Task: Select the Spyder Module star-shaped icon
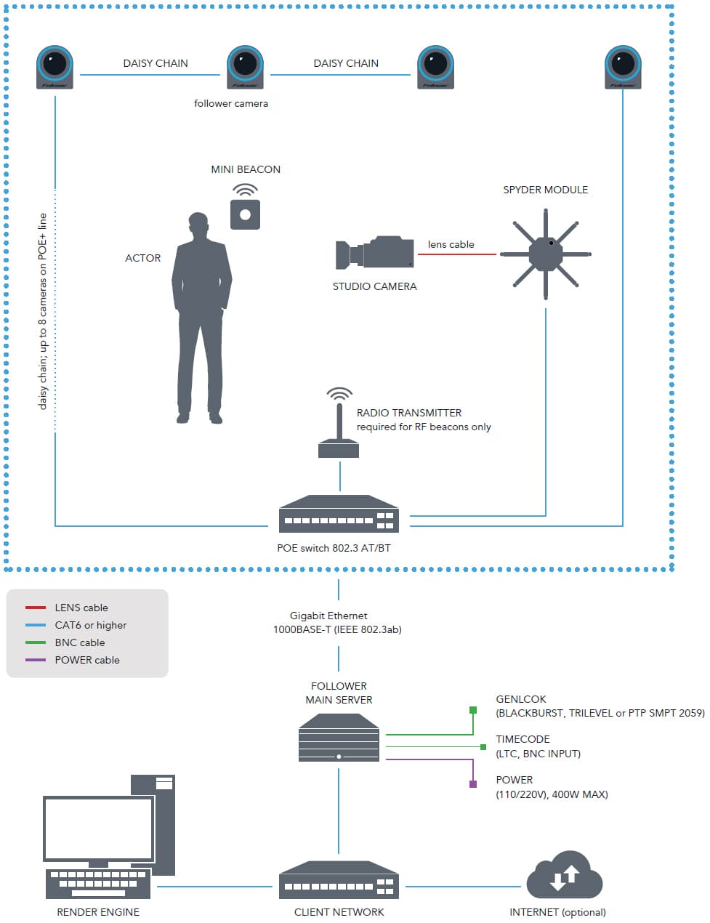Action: pyautogui.click(x=546, y=254)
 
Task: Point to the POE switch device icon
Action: pyautogui.click(x=339, y=515)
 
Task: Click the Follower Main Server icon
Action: pyautogui.click(x=339, y=737)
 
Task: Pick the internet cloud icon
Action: pyautogui.click(x=564, y=875)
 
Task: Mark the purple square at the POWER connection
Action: pyautogui.click(x=473, y=784)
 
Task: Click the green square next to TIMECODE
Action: pyautogui.click(x=483, y=746)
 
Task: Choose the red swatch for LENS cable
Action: pyautogui.click(x=36, y=608)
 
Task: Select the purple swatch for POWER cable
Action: pyautogui.click(x=36, y=660)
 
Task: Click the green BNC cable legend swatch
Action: pyautogui.click(x=36, y=642)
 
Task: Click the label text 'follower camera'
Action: pyautogui.click(x=230, y=104)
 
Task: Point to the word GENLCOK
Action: pyautogui.click(x=521, y=699)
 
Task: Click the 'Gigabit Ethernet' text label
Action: pyautogui.click(x=328, y=616)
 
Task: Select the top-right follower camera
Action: pyautogui.click(x=623, y=66)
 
